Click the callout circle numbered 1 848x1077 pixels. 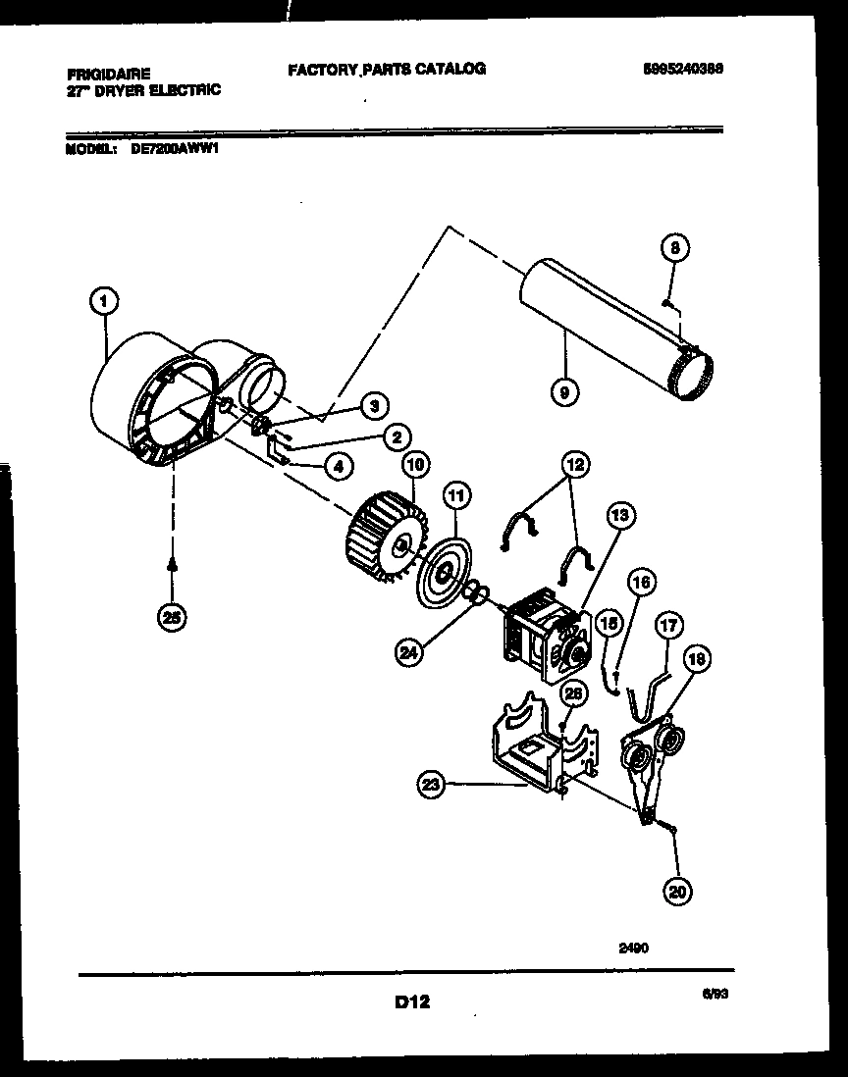point(103,304)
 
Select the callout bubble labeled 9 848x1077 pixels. point(564,393)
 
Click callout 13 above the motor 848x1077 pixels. point(620,516)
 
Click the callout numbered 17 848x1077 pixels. point(667,623)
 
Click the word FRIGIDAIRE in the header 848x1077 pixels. point(108,74)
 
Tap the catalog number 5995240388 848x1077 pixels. point(685,70)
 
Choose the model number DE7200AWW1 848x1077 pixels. point(173,151)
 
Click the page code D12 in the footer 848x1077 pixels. point(412,1001)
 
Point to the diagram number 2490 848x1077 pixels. point(634,948)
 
